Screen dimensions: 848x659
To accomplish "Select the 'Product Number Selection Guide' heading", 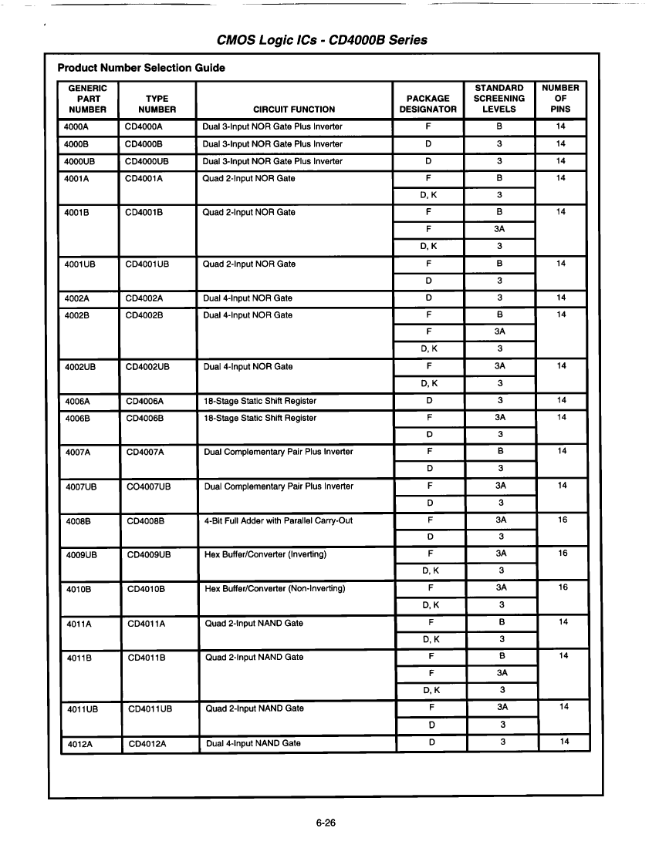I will coord(141,68).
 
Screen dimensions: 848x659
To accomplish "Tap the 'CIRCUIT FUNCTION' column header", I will coord(294,109).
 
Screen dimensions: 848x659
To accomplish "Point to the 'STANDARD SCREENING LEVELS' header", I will coord(498,99).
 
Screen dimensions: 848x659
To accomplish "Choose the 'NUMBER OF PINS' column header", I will coord(561,99).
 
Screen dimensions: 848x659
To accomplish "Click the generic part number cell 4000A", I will coord(77,126).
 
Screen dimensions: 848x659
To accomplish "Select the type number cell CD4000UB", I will coord(147,161).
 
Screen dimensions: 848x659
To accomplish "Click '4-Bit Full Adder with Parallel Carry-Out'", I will coord(278,520).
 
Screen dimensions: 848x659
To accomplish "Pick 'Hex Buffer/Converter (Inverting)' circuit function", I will coord(265,554).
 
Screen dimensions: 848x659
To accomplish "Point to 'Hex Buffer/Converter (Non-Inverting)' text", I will coord(274,589).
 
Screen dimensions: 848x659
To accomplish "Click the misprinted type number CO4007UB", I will coord(149,486).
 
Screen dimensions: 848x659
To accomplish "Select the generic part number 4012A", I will coord(80,743).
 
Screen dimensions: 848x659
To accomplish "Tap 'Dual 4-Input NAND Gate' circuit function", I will coord(253,743).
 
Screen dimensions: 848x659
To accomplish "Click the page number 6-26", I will coord(326,823).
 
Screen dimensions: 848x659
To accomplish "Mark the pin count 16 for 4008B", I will coord(562,520).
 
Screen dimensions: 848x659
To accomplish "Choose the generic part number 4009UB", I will coord(82,554).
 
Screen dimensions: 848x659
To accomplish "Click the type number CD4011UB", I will coord(150,708).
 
